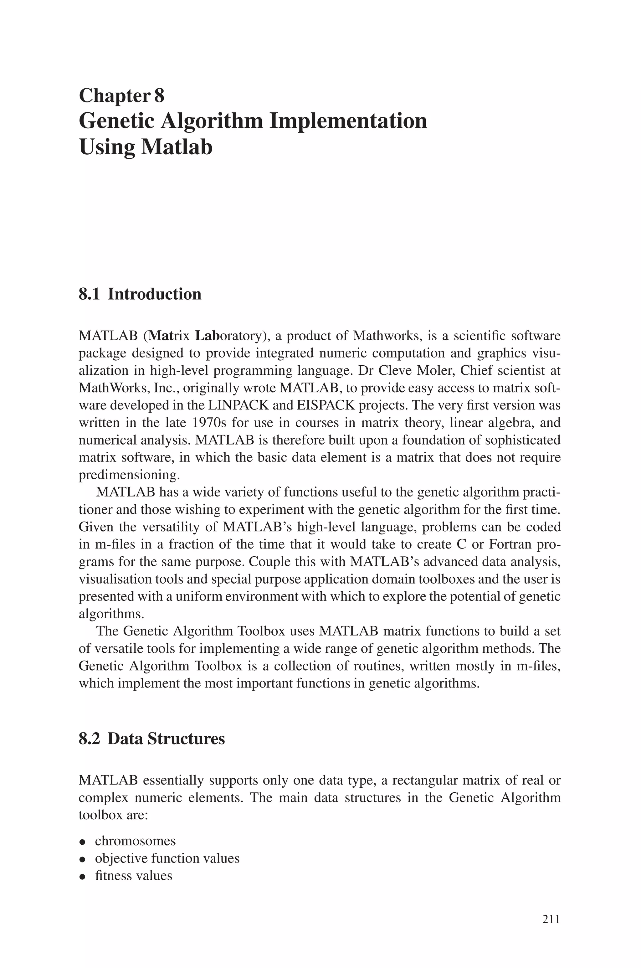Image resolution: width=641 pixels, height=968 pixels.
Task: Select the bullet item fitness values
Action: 133,876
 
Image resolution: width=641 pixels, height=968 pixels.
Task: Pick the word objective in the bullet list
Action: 122,858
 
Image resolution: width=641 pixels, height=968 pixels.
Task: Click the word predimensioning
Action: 129,475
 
